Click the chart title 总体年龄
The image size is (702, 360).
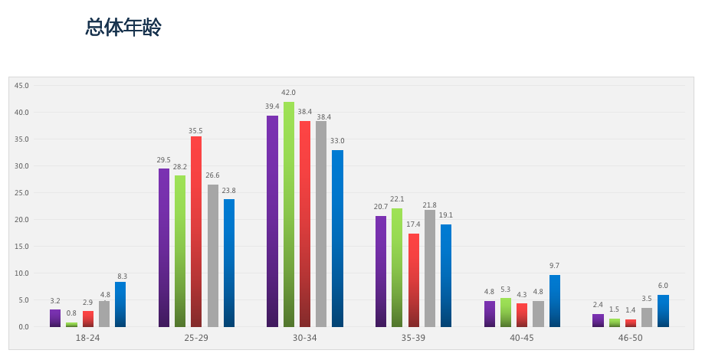click(123, 28)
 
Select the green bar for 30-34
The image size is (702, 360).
click(289, 214)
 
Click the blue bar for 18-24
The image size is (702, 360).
click(120, 305)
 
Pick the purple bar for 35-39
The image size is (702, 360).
click(381, 271)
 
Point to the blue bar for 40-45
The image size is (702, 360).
click(555, 301)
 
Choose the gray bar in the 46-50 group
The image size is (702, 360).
click(647, 318)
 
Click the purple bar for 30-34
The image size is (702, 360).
click(272, 221)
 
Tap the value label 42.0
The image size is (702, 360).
click(289, 93)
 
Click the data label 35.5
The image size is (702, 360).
click(196, 129)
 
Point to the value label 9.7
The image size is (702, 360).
click(555, 266)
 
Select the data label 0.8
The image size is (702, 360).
click(71, 313)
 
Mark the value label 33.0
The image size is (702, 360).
click(337, 141)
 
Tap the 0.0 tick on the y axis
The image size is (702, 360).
click(23, 327)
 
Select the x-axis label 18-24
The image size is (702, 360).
click(87, 338)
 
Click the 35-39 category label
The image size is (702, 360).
click(413, 338)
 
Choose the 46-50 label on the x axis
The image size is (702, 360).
click(630, 338)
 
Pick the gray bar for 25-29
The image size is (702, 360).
click(213, 256)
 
